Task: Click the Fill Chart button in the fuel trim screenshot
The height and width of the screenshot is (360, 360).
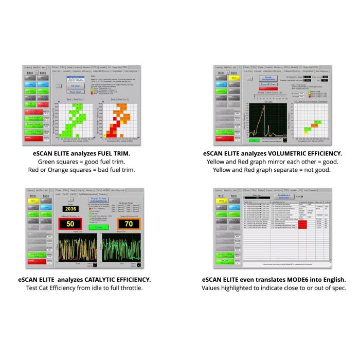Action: (76, 86)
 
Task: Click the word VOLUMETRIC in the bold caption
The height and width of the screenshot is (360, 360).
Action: (276, 153)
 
